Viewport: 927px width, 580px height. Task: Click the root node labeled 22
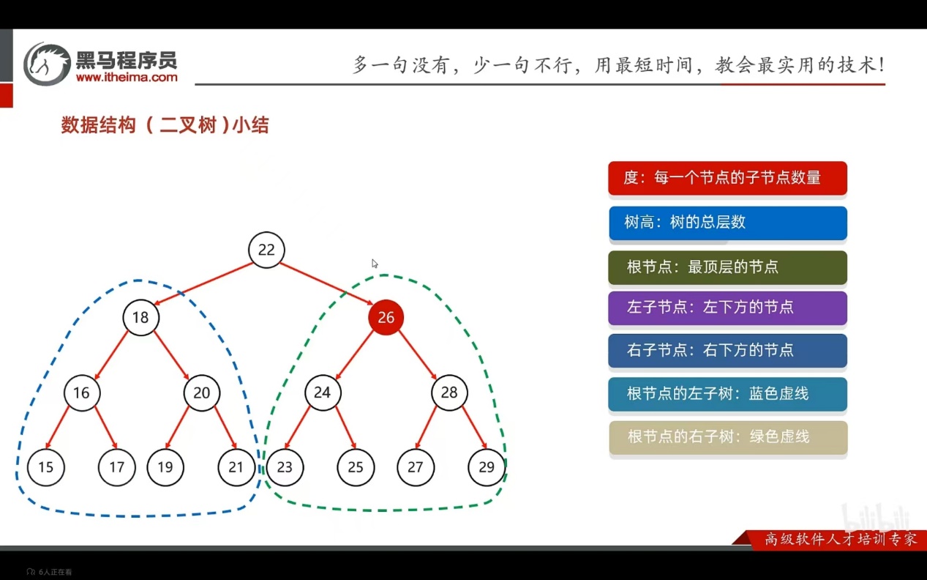(x=266, y=250)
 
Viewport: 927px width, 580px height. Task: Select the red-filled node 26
(x=386, y=317)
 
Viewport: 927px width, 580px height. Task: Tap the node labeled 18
(x=140, y=317)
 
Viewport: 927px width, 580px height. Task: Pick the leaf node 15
(x=45, y=467)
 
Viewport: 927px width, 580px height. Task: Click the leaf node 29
(x=487, y=467)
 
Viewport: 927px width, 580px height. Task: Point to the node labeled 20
(x=201, y=393)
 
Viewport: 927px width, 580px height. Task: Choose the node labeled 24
(x=322, y=393)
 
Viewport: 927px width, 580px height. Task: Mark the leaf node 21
(x=236, y=467)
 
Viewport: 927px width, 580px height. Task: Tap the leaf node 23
(x=285, y=467)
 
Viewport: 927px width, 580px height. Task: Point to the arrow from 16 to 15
(x=58, y=428)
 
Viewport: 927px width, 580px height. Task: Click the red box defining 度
(x=727, y=178)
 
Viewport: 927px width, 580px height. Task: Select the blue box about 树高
(x=727, y=223)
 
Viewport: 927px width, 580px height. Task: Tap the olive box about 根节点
(x=727, y=267)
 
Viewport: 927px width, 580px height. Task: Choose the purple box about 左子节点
(x=727, y=308)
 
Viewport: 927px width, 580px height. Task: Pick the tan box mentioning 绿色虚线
(x=727, y=437)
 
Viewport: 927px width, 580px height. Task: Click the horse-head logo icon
(x=47, y=64)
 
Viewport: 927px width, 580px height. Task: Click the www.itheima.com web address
(x=127, y=77)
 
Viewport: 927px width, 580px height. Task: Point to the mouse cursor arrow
(x=375, y=264)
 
